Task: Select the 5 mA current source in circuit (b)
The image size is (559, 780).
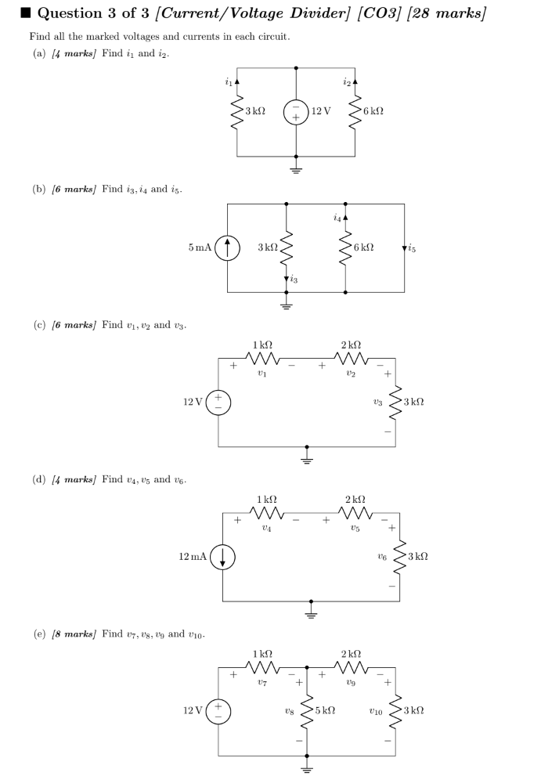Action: tap(227, 247)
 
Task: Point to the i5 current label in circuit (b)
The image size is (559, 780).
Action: tap(411, 248)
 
